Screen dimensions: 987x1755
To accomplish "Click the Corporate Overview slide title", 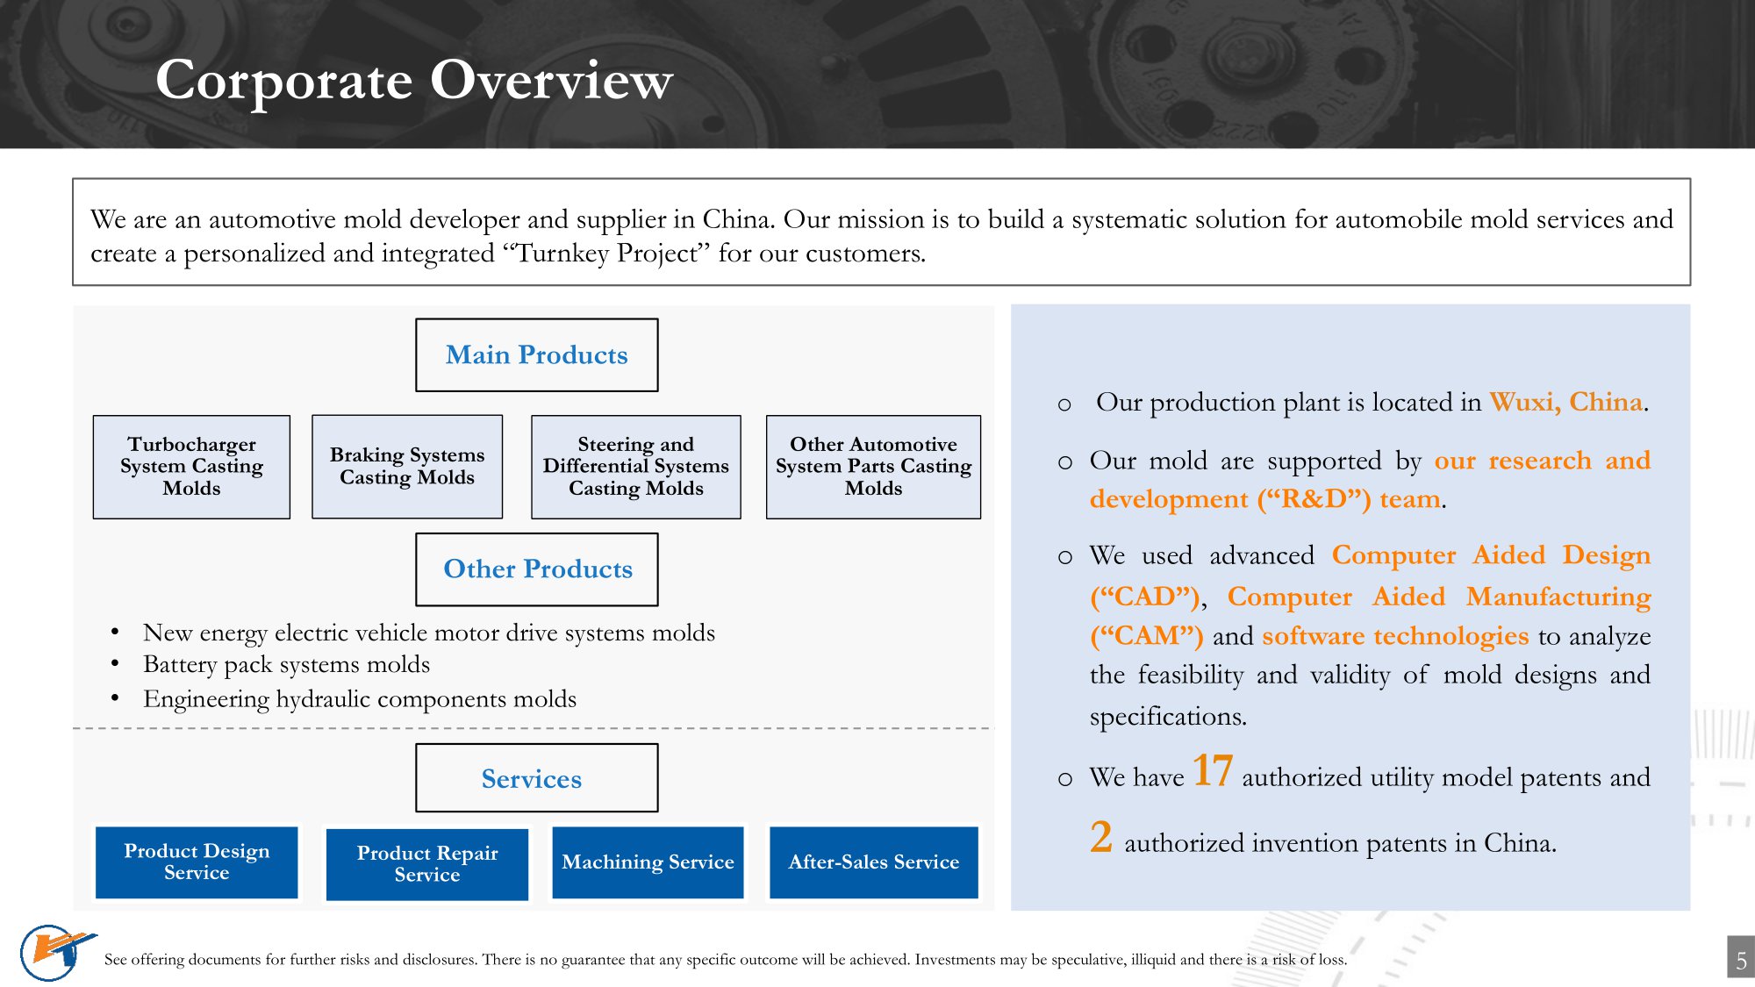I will click(x=414, y=81).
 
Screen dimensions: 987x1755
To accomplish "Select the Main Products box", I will click(x=536, y=354).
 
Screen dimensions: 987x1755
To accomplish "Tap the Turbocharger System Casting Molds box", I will click(x=191, y=467).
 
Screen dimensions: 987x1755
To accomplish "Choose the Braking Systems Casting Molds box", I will click(x=407, y=467).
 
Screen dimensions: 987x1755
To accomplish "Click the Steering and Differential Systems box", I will click(x=635, y=467).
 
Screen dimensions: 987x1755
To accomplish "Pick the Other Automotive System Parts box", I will click(x=873, y=467).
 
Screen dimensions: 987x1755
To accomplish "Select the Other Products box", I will click(x=537, y=569).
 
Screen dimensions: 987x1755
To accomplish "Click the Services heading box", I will click(x=536, y=778).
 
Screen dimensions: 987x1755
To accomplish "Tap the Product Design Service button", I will click(x=197, y=862).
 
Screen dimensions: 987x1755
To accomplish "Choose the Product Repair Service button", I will click(x=427, y=864).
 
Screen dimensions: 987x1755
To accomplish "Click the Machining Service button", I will click(x=648, y=862).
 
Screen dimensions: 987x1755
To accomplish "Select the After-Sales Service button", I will click(x=873, y=862).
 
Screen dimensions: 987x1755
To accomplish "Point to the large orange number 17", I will click(x=1212, y=771).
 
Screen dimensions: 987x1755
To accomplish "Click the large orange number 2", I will click(x=1101, y=837).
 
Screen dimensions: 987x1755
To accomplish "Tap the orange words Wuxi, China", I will click(x=1565, y=402).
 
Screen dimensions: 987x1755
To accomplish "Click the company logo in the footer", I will click(x=54, y=951).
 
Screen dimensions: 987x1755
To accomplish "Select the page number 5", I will click(x=1741, y=960).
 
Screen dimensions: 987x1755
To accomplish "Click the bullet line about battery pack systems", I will click(x=286, y=665).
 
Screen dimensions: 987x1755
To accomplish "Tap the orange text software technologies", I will click(x=1395, y=635).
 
